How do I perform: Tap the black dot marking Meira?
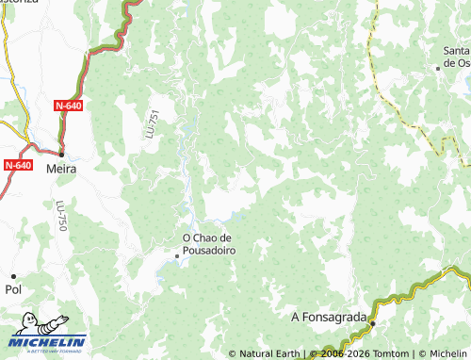[62, 153]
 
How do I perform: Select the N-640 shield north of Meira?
[68, 106]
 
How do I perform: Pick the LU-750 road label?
[61, 216]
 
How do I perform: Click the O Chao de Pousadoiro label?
[207, 245]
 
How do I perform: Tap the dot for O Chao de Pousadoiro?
[176, 255]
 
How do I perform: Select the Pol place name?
[13, 291]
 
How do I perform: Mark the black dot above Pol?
[13, 276]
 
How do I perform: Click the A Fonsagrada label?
[329, 317]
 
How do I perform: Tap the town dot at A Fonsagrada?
[372, 323]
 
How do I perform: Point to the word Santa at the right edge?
[456, 51]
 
